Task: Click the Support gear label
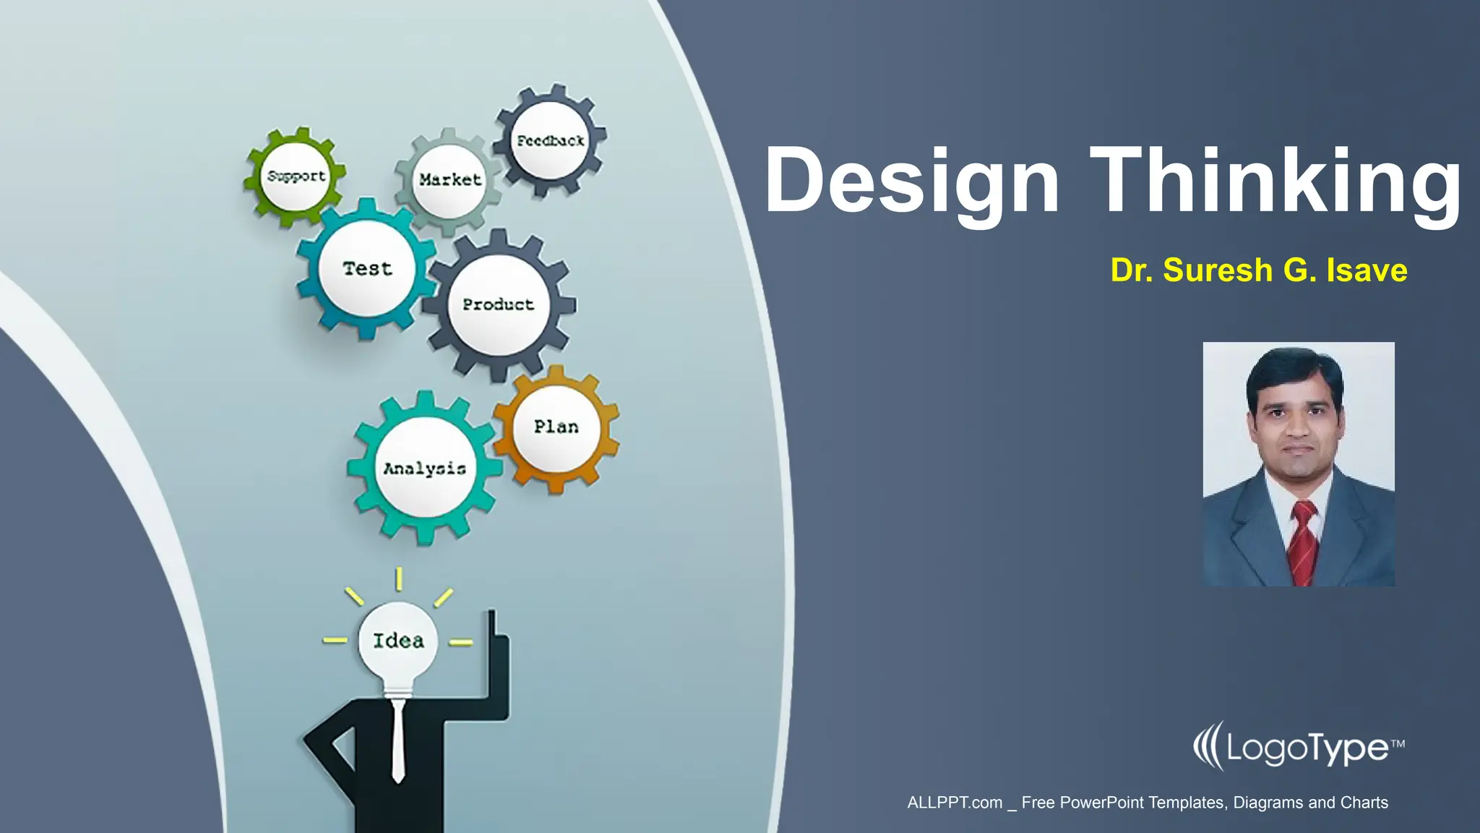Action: (296, 176)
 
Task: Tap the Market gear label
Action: (449, 179)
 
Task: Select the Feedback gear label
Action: (551, 141)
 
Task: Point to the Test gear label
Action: (367, 269)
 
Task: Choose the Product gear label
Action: (499, 304)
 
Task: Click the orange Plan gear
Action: (556, 427)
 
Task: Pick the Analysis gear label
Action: (425, 469)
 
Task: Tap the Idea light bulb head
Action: (398, 641)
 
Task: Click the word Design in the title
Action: (912, 181)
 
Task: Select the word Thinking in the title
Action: (1275, 181)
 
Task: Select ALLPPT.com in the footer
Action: (955, 803)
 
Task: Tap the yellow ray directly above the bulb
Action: (398, 579)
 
